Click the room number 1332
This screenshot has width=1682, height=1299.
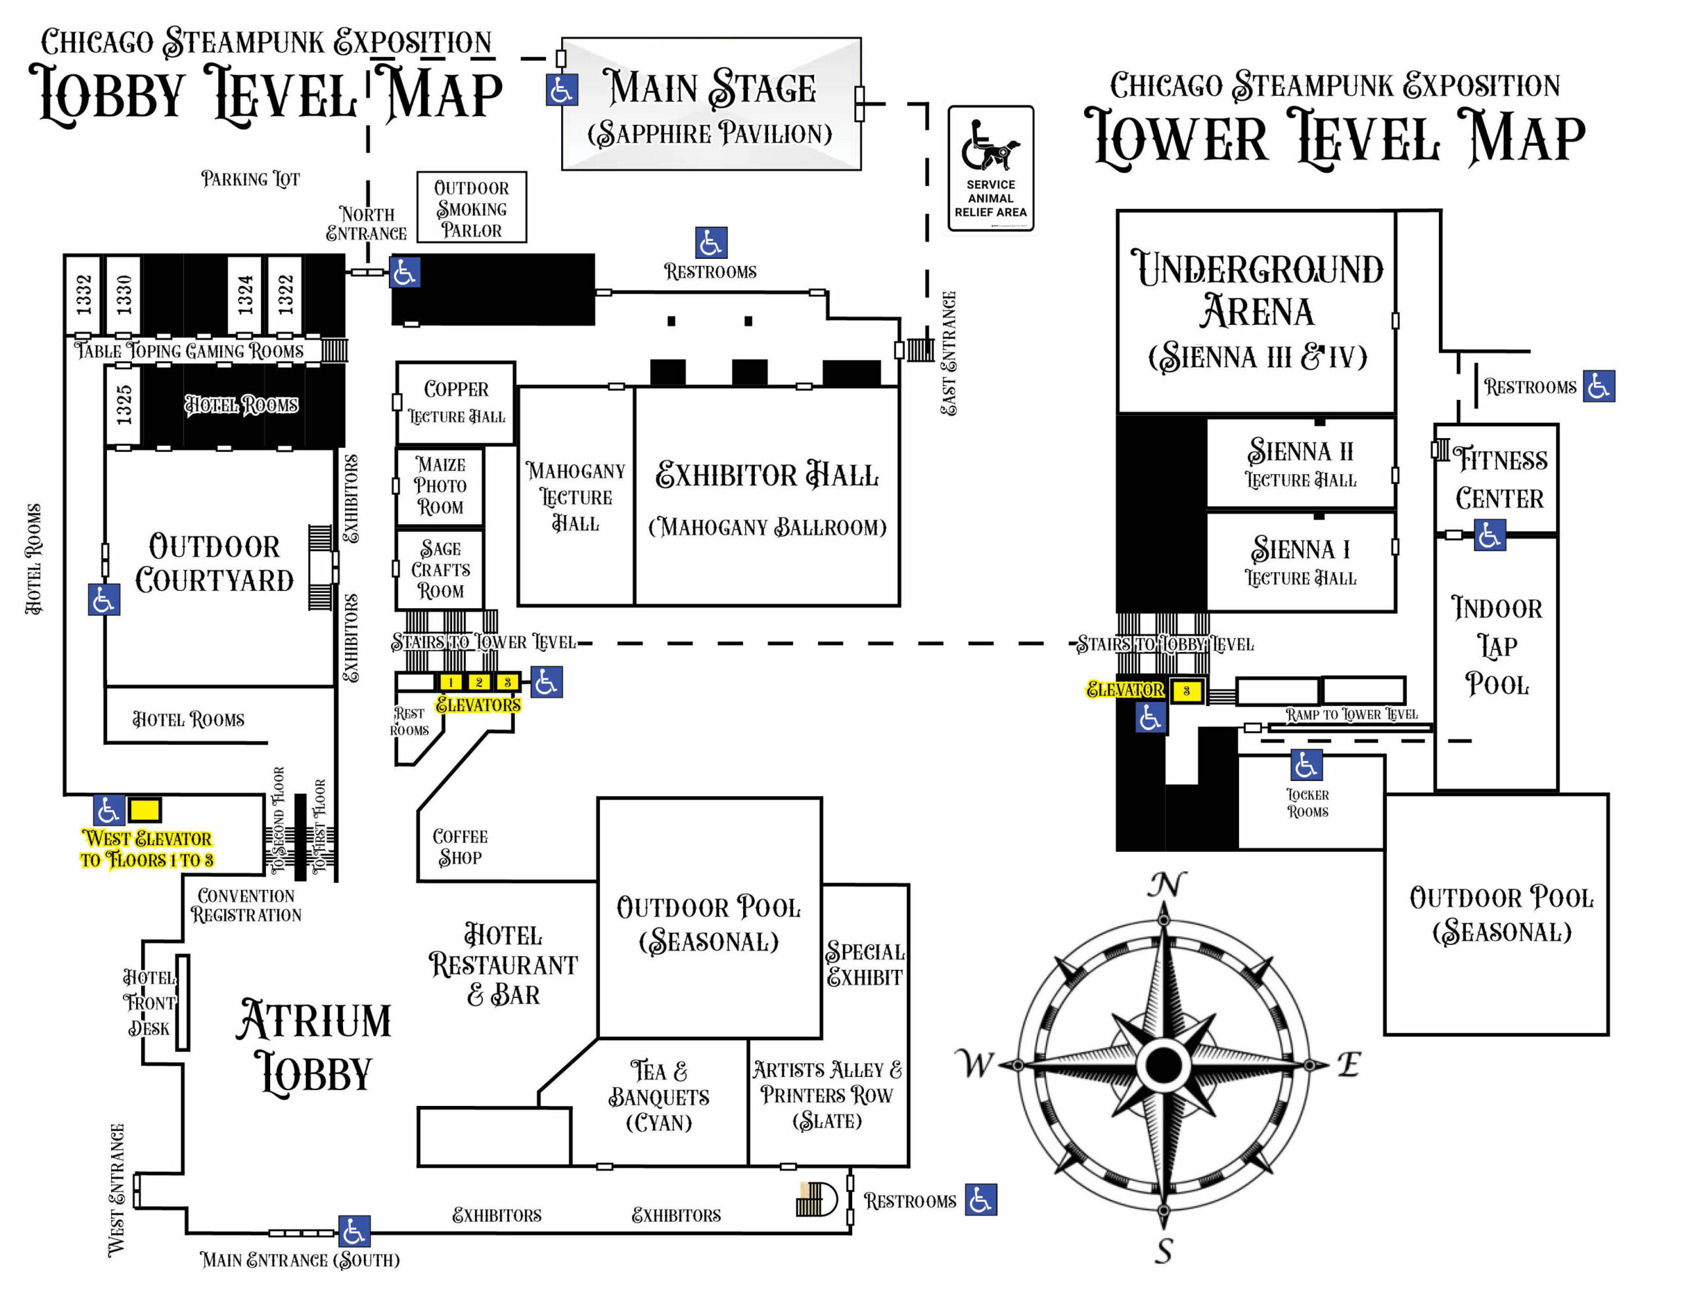[84, 294]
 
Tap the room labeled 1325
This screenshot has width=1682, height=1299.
[124, 405]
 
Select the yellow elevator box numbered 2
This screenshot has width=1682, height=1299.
[478, 682]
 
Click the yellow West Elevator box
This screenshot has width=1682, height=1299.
[144, 810]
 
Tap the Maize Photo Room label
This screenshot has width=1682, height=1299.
[440, 486]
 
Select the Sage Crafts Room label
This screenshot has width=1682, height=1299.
[440, 570]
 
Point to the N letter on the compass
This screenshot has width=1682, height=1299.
[1166, 885]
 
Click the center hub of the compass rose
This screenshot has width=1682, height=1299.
[1164, 1065]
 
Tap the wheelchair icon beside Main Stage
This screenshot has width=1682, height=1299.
[562, 90]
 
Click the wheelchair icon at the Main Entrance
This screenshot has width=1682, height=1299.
[354, 1231]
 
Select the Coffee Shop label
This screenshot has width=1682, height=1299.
[460, 847]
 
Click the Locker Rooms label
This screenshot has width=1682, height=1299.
[1307, 803]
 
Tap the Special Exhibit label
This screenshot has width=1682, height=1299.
[865, 964]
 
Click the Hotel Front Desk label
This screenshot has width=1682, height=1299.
[149, 1003]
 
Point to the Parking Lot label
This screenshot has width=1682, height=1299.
[250, 179]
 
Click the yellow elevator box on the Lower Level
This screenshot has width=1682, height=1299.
[1186, 691]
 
